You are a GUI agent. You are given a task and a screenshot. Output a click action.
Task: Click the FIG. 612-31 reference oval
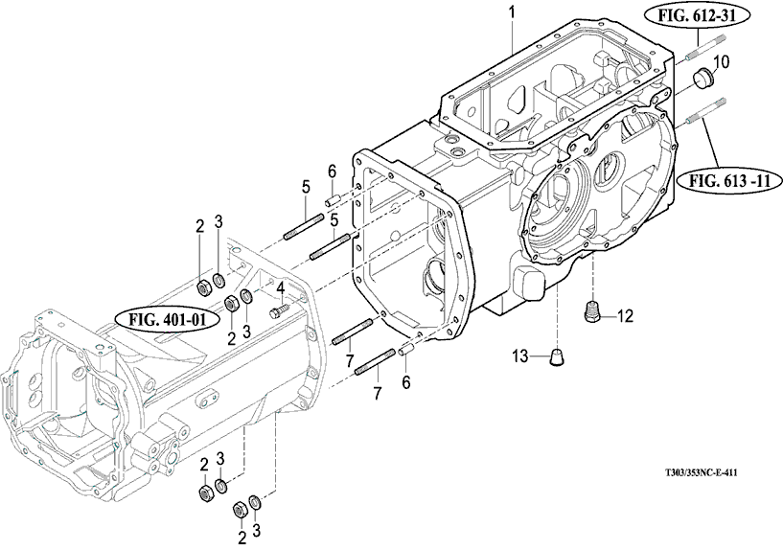pyautogui.click(x=697, y=16)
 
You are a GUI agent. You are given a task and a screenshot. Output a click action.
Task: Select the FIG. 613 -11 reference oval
pyautogui.click(x=729, y=180)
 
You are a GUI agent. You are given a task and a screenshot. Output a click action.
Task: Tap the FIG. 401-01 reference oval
pyautogui.click(x=168, y=319)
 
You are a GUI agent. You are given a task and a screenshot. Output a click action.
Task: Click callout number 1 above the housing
pyautogui.click(x=513, y=13)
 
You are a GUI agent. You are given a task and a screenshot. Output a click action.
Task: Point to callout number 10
pyautogui.click(x=721, y=62)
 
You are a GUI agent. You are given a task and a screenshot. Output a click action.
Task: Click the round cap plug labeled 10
pyautogui.click(x=701, y=79)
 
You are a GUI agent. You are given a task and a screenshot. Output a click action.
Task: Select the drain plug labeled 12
pyautogui.click(x=591, y=312)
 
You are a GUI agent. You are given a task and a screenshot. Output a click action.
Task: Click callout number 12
pyautogui.click(x=625, y=315)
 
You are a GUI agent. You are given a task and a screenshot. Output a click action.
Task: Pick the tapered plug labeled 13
pyautogui.click(x=558, y=357)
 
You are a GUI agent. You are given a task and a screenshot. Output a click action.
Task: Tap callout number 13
pyautogui.click(x=519, y=356)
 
